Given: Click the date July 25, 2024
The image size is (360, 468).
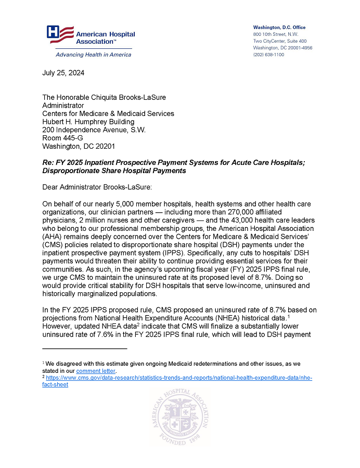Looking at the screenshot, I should [63, 73].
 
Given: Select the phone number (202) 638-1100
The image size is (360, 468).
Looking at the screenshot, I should [268, 55].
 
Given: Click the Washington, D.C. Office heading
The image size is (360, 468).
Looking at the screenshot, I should [279, 27].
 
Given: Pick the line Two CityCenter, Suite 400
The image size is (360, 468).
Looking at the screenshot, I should [280, 41].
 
